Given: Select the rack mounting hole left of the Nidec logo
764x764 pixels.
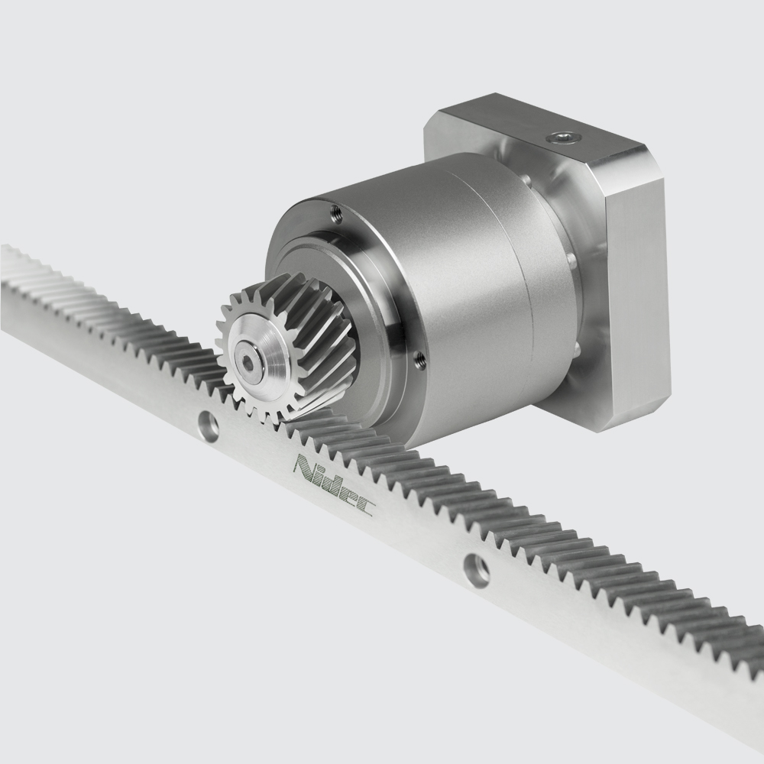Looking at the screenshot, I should coord(206,425).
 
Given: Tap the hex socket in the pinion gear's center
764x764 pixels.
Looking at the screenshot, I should coord(250,364).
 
